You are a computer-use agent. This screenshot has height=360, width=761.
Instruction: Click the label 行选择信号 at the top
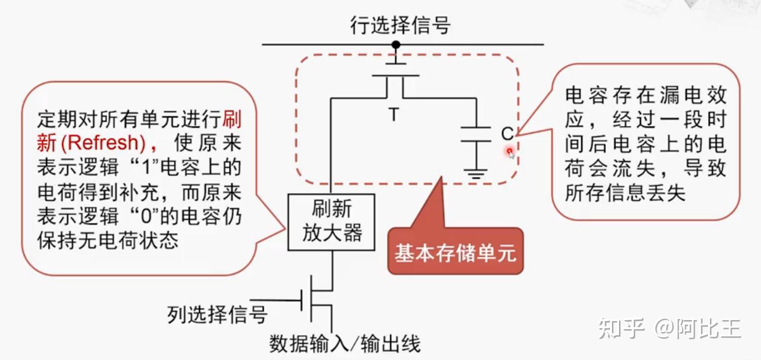point(400,25)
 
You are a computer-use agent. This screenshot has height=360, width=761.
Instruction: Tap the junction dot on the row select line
point(396,45)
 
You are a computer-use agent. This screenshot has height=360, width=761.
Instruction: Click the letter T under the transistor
point(394,115)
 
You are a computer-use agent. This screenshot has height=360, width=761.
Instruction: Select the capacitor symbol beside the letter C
point(475,134)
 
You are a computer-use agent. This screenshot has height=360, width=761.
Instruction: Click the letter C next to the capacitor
point(507,133)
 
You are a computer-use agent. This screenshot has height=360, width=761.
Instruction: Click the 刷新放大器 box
point(331,222)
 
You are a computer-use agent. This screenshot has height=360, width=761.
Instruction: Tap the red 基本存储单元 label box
point(455,253)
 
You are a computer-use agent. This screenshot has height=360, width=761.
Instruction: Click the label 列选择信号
point(217,314)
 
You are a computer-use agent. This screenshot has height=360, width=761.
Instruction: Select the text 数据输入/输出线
point(345,344)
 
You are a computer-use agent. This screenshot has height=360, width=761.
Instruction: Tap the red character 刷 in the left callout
point(232,119)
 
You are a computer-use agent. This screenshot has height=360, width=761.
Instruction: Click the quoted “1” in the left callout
point(148,167)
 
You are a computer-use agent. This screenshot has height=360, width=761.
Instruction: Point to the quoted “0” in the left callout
point(148,216)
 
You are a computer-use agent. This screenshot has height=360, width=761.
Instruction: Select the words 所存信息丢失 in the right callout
point(625,193)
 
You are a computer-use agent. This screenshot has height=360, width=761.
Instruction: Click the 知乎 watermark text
point(622,329)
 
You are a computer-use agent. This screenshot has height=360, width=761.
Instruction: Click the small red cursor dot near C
point(509,151)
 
